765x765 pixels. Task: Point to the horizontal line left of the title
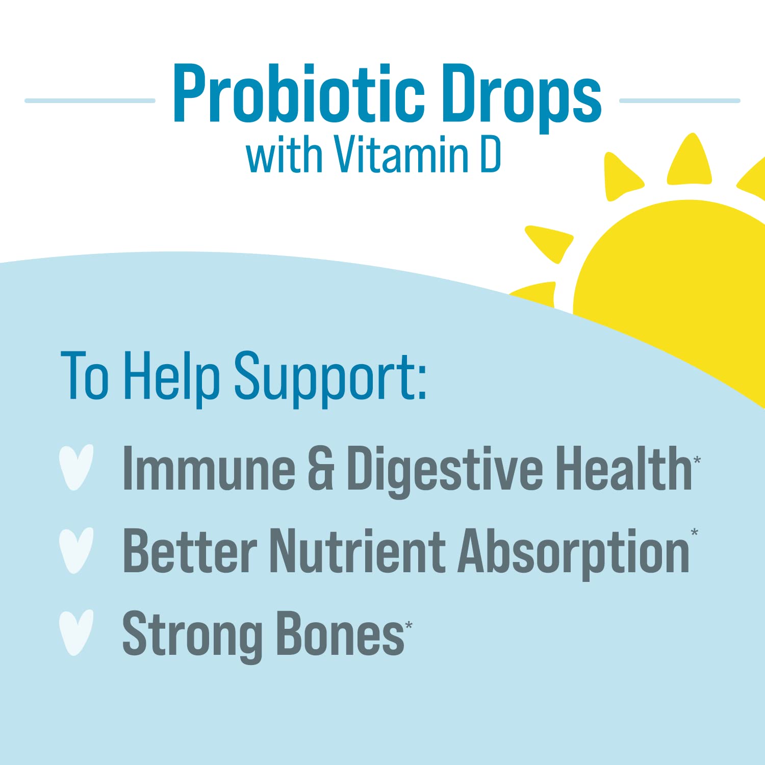90,101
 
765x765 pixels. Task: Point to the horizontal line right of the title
679,101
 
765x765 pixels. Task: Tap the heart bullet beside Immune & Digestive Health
76,467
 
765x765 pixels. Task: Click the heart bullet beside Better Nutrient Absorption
76,550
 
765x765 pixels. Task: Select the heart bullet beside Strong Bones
76,632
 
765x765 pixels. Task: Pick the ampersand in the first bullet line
321,469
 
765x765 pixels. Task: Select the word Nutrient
357,551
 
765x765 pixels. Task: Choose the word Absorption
574,552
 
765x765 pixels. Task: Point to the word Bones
340,633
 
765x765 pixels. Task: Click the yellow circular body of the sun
678,286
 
